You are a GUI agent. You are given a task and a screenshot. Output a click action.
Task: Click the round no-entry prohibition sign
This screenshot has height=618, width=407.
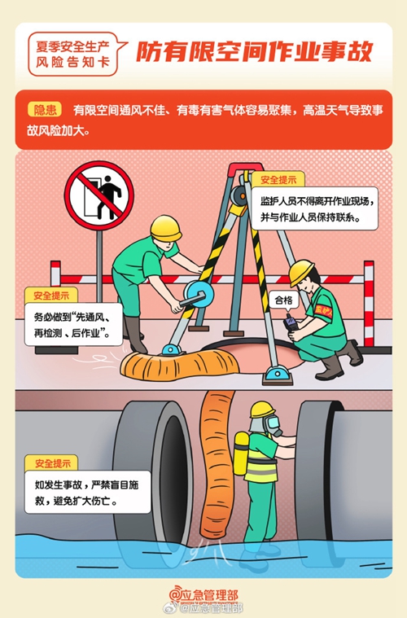coord(98,195)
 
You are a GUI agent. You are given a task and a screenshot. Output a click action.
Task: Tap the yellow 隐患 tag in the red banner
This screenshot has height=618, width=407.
coord(45,110)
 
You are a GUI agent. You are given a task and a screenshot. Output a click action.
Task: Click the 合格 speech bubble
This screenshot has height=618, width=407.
coord(284,301)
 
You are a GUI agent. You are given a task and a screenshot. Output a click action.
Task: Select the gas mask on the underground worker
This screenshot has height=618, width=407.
coord(272,424)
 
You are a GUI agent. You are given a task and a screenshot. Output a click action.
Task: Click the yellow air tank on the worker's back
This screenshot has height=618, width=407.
coord(241,454)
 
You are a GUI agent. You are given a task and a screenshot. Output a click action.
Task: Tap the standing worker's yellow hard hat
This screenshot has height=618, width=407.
coord(166,228)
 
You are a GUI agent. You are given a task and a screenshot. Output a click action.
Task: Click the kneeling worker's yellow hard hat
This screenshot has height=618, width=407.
coord(301,272)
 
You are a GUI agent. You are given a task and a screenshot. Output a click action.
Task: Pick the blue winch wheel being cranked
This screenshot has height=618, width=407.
coord(199,295)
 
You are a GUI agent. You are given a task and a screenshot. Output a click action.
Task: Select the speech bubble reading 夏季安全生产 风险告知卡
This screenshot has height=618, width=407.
coord(75,54)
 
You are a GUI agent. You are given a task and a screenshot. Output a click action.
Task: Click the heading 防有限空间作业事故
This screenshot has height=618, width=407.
coord(254,51)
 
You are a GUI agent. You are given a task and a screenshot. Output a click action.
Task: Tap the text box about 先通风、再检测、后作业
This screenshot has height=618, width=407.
coord(74,325)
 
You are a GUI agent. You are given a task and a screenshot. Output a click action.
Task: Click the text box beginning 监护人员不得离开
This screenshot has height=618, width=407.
coord(314,208)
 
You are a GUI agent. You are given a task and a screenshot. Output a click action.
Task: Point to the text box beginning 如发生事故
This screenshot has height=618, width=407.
coord(87,492)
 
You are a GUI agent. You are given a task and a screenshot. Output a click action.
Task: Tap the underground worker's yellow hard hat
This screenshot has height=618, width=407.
coord(262,410)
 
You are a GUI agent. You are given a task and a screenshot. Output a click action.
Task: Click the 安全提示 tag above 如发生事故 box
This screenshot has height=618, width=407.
coord(52,463)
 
